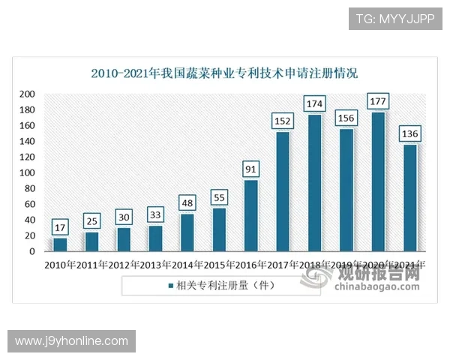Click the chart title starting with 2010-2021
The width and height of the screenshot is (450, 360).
pos(224,73)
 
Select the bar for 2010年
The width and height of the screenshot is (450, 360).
pos(60,244)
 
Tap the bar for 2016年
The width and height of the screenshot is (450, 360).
pos(251,216)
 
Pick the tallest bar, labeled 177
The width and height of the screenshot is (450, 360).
pos(379,182)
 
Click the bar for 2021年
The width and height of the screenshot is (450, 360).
pos(410,198)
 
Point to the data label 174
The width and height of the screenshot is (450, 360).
pos(315,102)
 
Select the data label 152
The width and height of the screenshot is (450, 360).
pos(283,119)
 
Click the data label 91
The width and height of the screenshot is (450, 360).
pos(251,168)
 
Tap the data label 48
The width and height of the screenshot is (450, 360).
pos(187,202)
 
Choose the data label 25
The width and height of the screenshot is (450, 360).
pos(92,220)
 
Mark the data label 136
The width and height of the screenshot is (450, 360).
pos(410,133)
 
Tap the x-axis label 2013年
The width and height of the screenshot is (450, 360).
pos(155,265)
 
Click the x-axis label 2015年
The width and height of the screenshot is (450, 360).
pos(219,265)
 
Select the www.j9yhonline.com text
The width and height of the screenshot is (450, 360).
pos(72,341)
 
